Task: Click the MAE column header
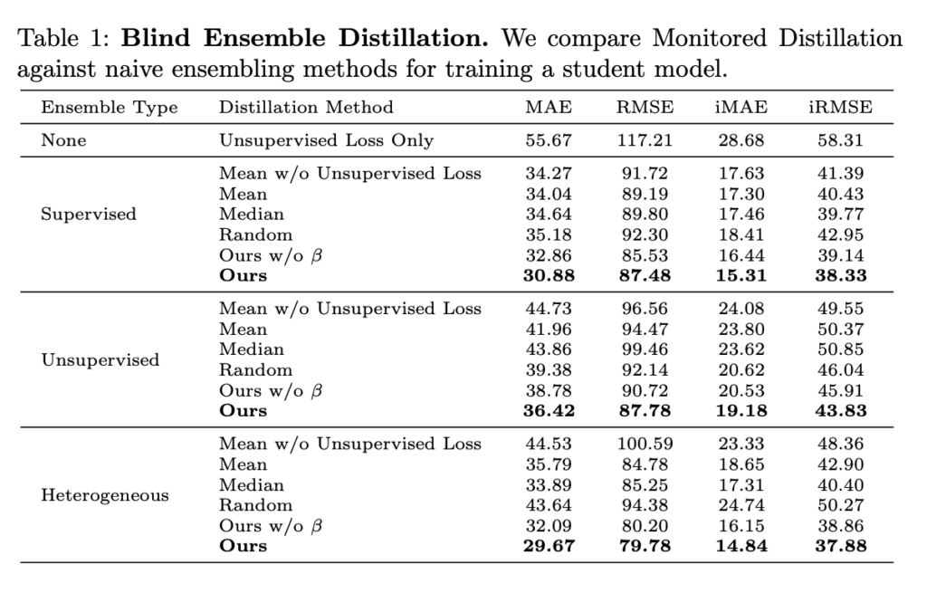click(x=549, y=108)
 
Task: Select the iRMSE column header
click(x=840, y=108)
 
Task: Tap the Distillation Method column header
click(x=306, y=108)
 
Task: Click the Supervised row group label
click(x=89, y=215)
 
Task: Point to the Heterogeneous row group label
click(x=105, y=495)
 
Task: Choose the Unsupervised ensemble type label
click(x=100, y=359)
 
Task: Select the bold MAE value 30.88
click(x=549, y=276)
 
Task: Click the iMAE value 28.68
click(x=741, y=140)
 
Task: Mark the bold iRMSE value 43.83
click(x=840, y=411)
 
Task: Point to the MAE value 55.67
click(x=549, y=140)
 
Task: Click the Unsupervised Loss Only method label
click(x=326, y=140)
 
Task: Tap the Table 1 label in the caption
click(x=63, y=40)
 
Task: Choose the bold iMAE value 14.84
click(x=741, y=546)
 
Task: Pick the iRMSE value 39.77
click(x=840, y=215)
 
